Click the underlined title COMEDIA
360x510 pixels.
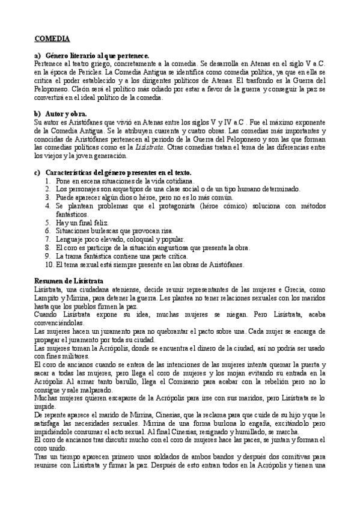52,39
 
